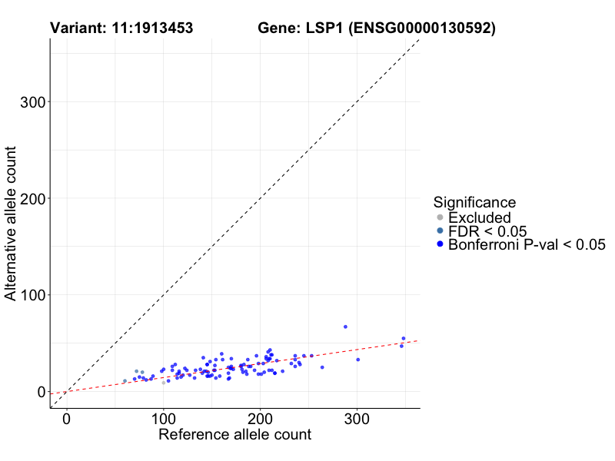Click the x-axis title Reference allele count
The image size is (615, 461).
234,435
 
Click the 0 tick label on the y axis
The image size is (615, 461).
40,392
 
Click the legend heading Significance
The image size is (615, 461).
474,202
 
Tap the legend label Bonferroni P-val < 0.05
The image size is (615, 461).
527,245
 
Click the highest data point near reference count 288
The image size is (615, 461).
345,327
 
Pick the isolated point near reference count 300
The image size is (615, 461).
357,360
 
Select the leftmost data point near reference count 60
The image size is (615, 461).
125,381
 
